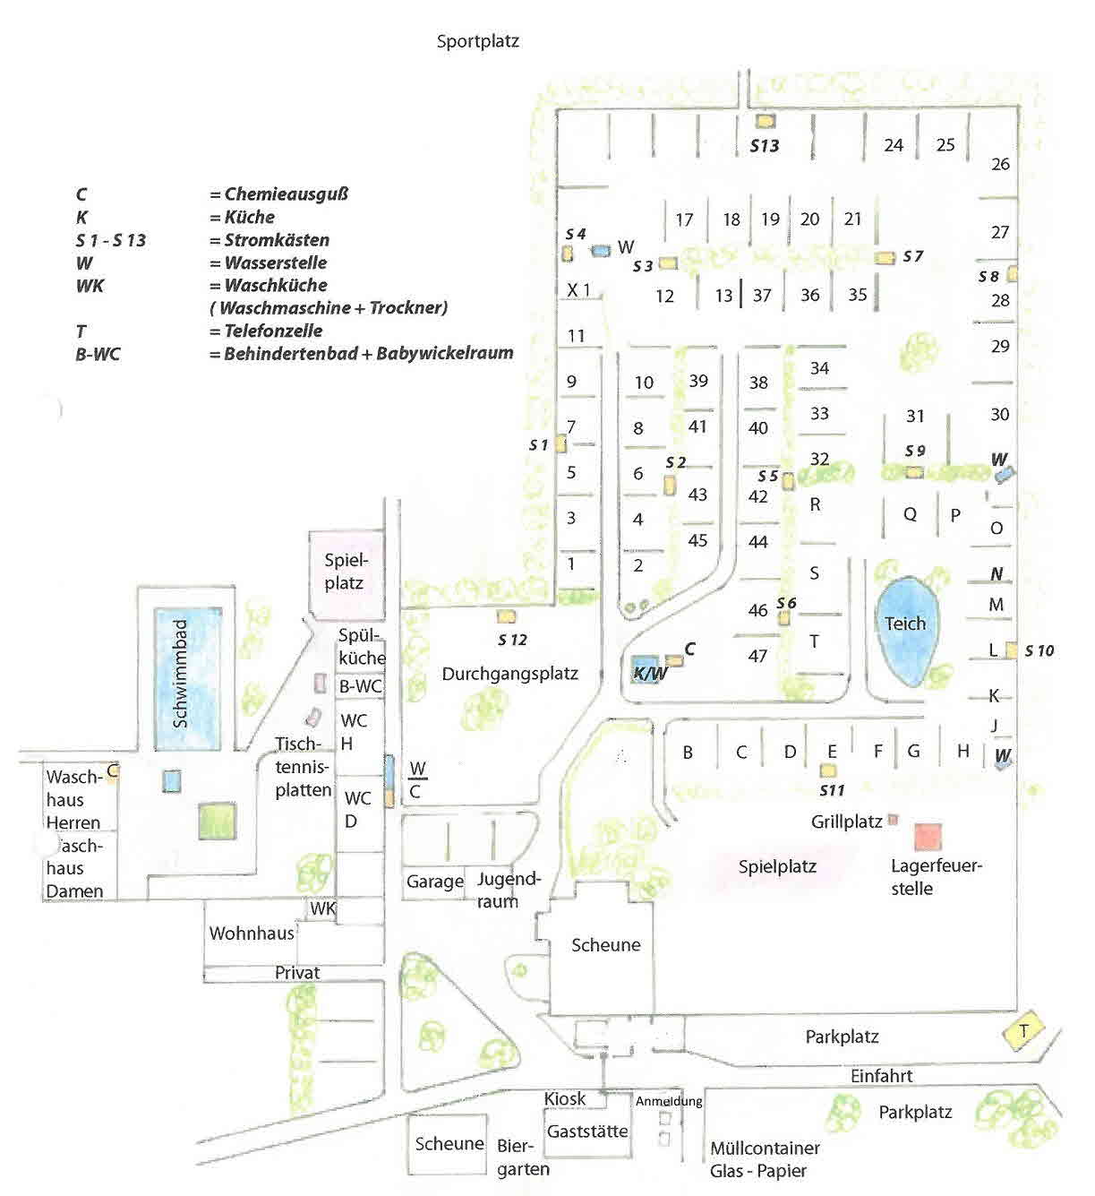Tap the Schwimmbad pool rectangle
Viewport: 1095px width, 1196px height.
[185, 679]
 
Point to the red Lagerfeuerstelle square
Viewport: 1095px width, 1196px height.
[928, 836]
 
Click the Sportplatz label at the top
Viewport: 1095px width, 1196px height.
[478, 41]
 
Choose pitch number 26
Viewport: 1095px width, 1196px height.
[1000, 164]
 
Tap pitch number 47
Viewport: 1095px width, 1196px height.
[757, 656]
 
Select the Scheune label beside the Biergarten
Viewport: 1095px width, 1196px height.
[449, 1144]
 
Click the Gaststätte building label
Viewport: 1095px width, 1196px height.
[587, 1131]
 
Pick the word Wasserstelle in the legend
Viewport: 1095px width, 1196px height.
[275, 263]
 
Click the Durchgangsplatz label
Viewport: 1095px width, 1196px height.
[509, 674]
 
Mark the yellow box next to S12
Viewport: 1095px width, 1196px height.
[506, 616]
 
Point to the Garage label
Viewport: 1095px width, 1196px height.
[434, 882]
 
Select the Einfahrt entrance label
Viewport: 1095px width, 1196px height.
[882, 1076]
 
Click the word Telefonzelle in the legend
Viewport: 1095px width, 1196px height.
[273, 331]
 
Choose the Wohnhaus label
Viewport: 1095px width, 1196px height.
[252, 934]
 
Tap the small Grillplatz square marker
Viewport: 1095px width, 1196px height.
[892, 821]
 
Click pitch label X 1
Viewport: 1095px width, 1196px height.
[579, 289]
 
